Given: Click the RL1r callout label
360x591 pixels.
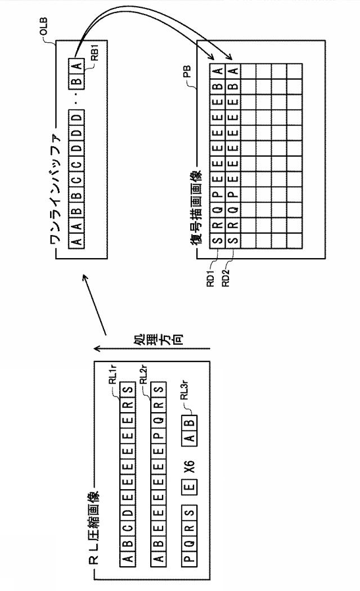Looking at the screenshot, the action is pyautogui.click(x=112, y=375).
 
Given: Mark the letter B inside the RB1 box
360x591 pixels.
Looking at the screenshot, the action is pyautogui.click(x=76, y=82).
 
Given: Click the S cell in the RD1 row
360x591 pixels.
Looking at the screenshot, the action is pyautogui.click(x=218, y=240).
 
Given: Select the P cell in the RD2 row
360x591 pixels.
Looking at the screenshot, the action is pyautogui.click(x=233, y=194).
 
